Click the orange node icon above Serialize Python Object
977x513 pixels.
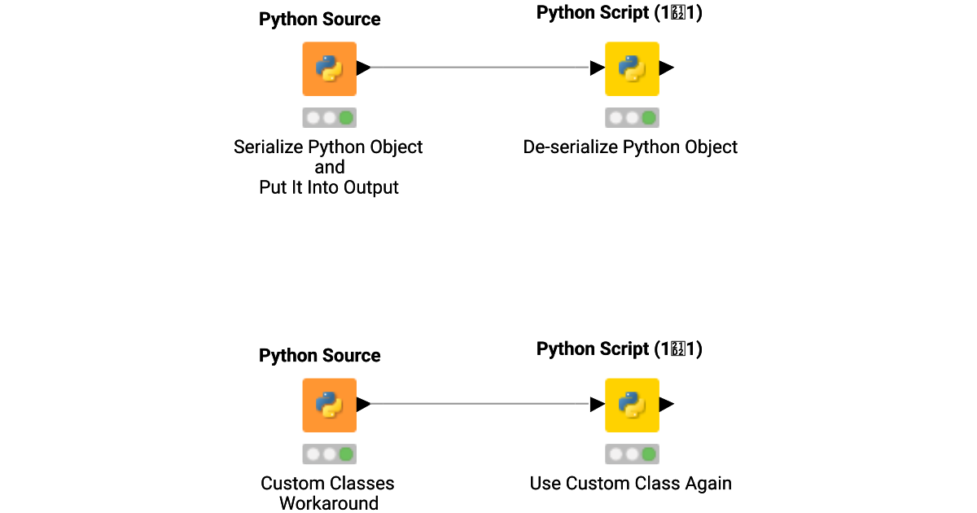[x=329, y=69]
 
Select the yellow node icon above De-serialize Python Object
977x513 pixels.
[x=632, y=69]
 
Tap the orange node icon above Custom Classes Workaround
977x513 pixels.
[x=329, y=405]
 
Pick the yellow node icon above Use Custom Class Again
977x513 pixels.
[x=632, y=405]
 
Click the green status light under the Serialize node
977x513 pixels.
[x=346, y=118]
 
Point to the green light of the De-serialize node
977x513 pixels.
[x=649, y=118]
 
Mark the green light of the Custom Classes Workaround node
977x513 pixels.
[x=346, y=454]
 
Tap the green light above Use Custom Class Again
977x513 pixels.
[x=649, y=454]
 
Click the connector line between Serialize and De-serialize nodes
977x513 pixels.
[x=480, y=68]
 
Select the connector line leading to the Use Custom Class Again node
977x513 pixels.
[x=480, y=404]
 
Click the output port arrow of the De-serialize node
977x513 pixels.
[x=666, y=68]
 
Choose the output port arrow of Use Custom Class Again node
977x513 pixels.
[x=666, y=404]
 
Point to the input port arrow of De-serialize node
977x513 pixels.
[x=598, y=68]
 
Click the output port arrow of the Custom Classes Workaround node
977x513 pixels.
[x=363, y=404]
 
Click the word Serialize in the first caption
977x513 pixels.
[x=269, y=147]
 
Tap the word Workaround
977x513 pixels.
[x=329, y=503]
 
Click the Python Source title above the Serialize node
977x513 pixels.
[x=319, y=20]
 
